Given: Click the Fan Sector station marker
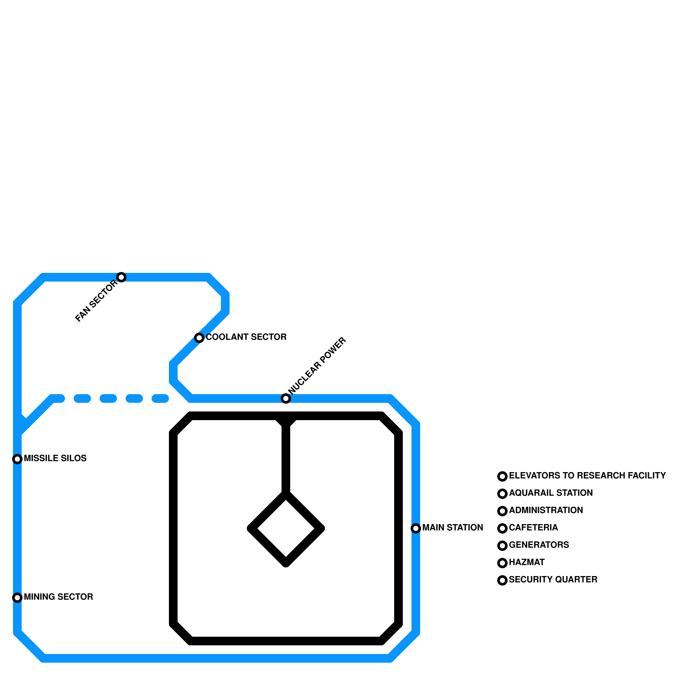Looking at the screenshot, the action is tap(121, 277).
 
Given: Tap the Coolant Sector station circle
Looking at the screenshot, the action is tap(199, 338).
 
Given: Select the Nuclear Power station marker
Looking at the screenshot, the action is tap(286, 398).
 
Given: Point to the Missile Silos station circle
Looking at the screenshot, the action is tap(17, 459).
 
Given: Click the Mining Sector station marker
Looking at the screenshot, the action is tap(17, 598).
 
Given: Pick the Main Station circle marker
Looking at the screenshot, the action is tap(416, 528).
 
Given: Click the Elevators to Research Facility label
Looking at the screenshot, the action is tap(587, 476).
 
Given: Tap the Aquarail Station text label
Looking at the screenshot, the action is tap(551, 493).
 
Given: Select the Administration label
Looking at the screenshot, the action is tap(546, 510).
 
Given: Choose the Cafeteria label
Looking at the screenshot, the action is tap(533, 528).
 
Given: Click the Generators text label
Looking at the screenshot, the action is tap(539, 545).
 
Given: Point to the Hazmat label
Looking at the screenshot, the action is tap(527, 562).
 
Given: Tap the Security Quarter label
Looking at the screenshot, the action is tap(553, 580).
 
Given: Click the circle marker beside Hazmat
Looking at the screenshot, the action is tap(502, 563).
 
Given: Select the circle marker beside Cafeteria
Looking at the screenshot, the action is tap(502, 528).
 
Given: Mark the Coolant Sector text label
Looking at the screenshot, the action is tap(246, 337).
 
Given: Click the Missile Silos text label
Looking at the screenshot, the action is tap(55, 458).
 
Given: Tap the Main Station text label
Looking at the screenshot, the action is tap(453, 528).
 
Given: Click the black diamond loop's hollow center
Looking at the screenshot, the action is tap(286, 528).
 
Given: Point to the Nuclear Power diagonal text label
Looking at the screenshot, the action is tap(317, 366).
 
